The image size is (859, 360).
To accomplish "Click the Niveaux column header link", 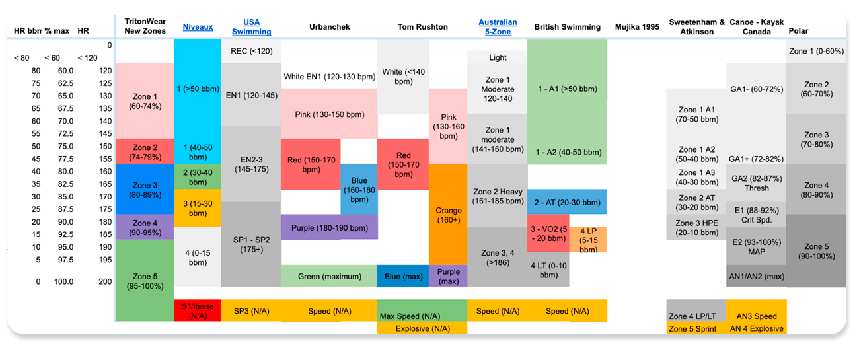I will [197, 27].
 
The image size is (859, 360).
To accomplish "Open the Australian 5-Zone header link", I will [498, 27].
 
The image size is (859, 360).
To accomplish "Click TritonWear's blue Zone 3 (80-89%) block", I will [144, 190].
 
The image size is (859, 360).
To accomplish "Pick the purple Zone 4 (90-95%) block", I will [144, 227].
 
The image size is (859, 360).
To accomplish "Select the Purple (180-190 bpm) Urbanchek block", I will [329, 228].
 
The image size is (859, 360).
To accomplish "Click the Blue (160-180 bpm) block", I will [359, 190].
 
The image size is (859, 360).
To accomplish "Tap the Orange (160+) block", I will [448, 215].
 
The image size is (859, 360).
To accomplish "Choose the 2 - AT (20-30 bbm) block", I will [567, 202].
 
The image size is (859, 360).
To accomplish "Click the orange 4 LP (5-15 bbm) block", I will [588, 240].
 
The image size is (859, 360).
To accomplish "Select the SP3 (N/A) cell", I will [251, 311].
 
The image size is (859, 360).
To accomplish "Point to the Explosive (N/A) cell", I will [422, 328].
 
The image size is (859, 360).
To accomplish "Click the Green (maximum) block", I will [329, 277].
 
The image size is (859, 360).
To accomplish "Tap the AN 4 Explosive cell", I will [757, 328].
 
